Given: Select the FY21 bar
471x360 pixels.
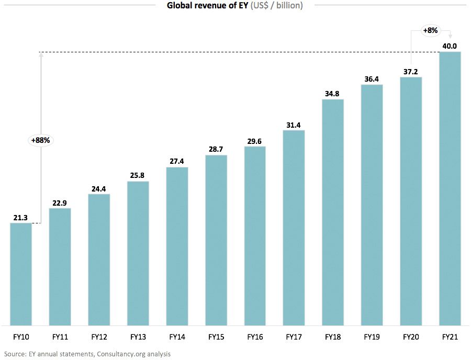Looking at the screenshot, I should pyautogui.click(x=450, y=188).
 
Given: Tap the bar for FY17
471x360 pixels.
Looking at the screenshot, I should pyautogui.click(x=294, y=228).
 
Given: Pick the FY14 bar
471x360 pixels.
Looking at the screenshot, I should pyautogui.click(x=177, y=246).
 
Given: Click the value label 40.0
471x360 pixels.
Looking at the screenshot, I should pyautogui.click(x=450, y=46).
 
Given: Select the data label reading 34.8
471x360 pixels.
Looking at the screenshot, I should pyautogui.click(x=333, y=94).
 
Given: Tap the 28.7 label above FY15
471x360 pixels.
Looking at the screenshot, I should pyautogui.click(x=216, y=150).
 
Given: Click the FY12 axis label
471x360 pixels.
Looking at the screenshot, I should pyautogui.click(x=99, y=337).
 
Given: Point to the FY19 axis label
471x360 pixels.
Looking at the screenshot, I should pyautogui.click(x=372, y=337).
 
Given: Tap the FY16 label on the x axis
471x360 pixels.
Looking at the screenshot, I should pyautogui.click(x=255, y=337).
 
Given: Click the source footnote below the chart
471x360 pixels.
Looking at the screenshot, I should pyautogui.click(x=87, y=354).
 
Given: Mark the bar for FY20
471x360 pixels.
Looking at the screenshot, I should pyautogui.click(x=411, y=201).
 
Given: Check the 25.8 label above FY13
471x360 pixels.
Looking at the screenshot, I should pyautogui.click(x=138, y=176).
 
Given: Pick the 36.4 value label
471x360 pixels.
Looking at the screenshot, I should pyautogui.click(x=372, y=79).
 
